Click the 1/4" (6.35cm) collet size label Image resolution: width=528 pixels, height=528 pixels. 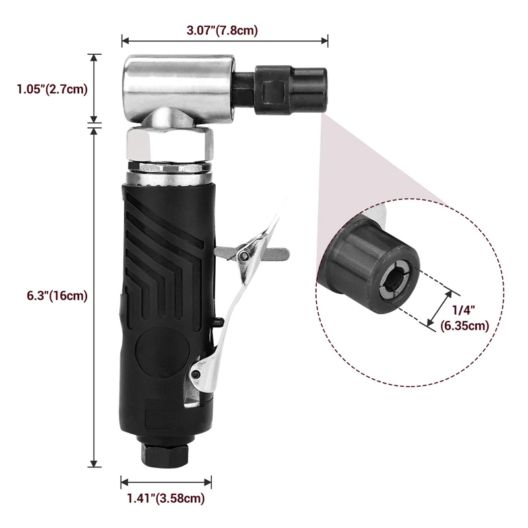pos(466,317)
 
